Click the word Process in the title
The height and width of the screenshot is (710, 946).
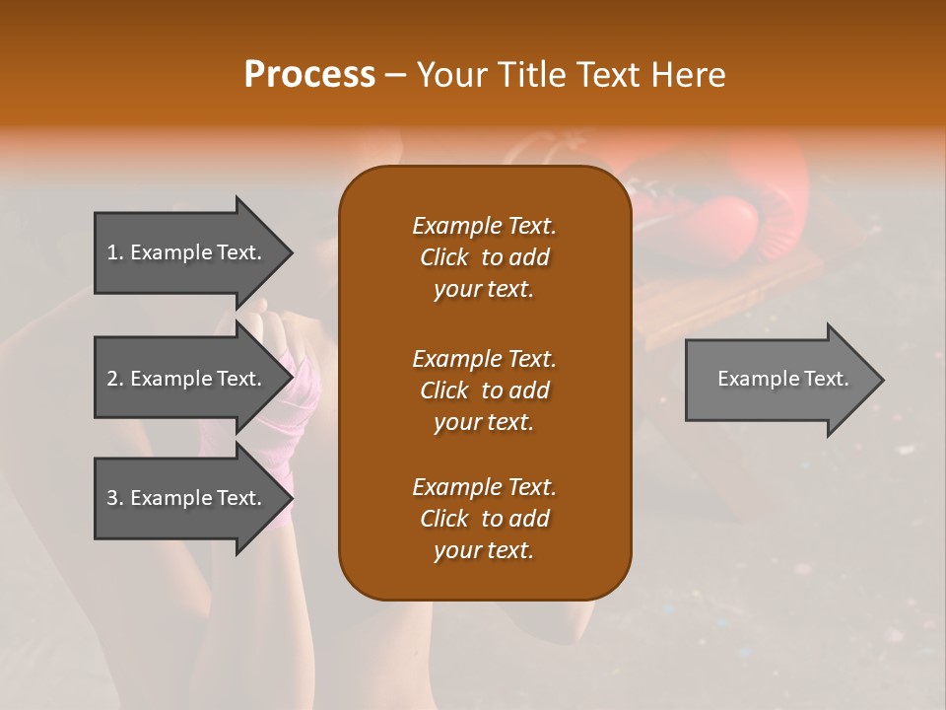point(309,75)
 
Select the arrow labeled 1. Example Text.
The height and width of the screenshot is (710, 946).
point(187,253)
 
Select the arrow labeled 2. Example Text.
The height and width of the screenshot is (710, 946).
point(187,380)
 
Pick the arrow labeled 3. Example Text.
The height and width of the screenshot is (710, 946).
point(187,499)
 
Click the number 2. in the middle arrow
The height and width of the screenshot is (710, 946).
point(115,379)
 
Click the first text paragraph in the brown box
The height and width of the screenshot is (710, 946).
point(484,257)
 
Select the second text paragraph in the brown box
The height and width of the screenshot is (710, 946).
point(484,390)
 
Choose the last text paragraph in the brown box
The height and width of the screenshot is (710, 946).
point(484,519)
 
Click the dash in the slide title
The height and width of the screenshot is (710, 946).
point(395,75)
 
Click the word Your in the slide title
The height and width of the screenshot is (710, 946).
point(452,75)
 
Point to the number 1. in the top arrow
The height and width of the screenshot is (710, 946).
point(115,252)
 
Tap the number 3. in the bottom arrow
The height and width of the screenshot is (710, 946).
point(115,498)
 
